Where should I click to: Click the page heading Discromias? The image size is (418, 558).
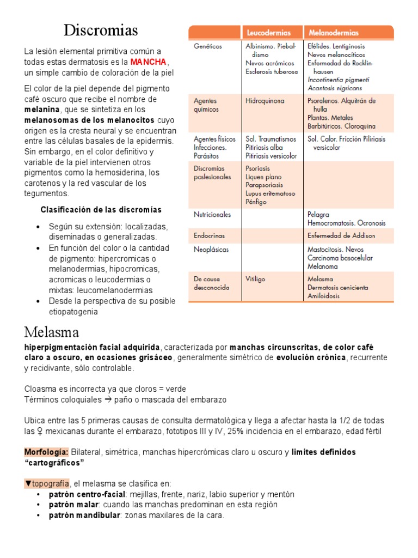point(101,29)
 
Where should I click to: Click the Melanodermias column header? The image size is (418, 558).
point(333,33)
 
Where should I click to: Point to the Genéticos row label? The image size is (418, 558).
point(207,46)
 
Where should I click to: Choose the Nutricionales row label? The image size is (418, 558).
point(212,215)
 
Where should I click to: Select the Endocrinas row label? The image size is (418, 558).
point(209,235)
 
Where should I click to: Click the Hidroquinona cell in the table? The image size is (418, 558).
point(265,101)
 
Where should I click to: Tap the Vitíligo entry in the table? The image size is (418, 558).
point(255,279)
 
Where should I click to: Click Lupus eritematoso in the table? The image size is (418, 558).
point(271,193)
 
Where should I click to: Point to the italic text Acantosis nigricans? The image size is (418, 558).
point(334,88)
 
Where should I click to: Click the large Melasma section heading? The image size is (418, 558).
point(52,332)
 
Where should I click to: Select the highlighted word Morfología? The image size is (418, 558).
point(46,452)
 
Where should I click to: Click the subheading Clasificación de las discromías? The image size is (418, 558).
point(101,210)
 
